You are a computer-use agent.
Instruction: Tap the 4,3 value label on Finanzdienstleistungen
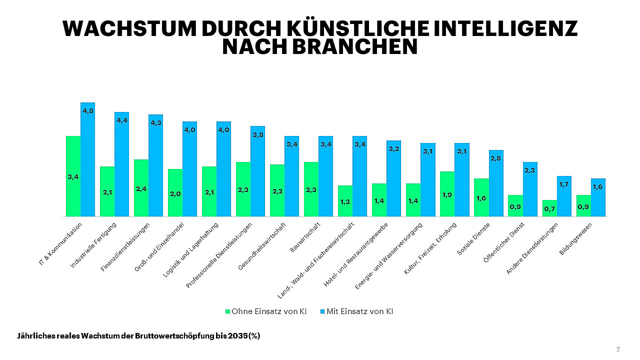155,122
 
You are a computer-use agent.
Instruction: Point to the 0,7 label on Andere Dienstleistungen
549,208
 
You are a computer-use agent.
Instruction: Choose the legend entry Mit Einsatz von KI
360,311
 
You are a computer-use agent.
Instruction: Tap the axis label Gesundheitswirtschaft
263,246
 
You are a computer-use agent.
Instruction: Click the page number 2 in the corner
618,349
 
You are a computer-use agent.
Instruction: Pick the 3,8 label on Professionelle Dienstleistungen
257,134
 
